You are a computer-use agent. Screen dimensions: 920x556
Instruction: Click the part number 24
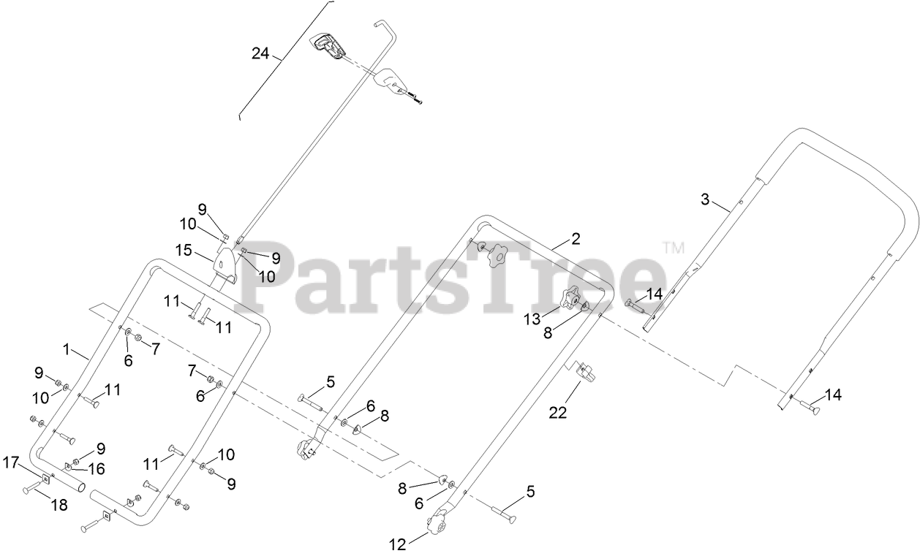tap(260, 53)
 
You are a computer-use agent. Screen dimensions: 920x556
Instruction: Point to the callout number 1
tap(67, 350)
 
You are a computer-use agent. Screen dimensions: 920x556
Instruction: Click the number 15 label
tap(183, 251)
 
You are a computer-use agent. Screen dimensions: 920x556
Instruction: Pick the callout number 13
tap(532, 319)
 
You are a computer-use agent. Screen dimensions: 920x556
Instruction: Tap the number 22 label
tap(558, 413)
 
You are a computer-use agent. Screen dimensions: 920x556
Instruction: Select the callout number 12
tap(398, 543)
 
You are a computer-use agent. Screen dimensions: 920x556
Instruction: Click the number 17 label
tap(10, 462)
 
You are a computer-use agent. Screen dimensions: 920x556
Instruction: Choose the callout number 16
tap(97, 468)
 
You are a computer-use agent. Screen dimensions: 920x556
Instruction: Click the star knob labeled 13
tap(570, 299)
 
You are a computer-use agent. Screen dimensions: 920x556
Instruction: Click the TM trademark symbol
tap(673, 248)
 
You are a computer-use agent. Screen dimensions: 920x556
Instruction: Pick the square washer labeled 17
tap(45, 479)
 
